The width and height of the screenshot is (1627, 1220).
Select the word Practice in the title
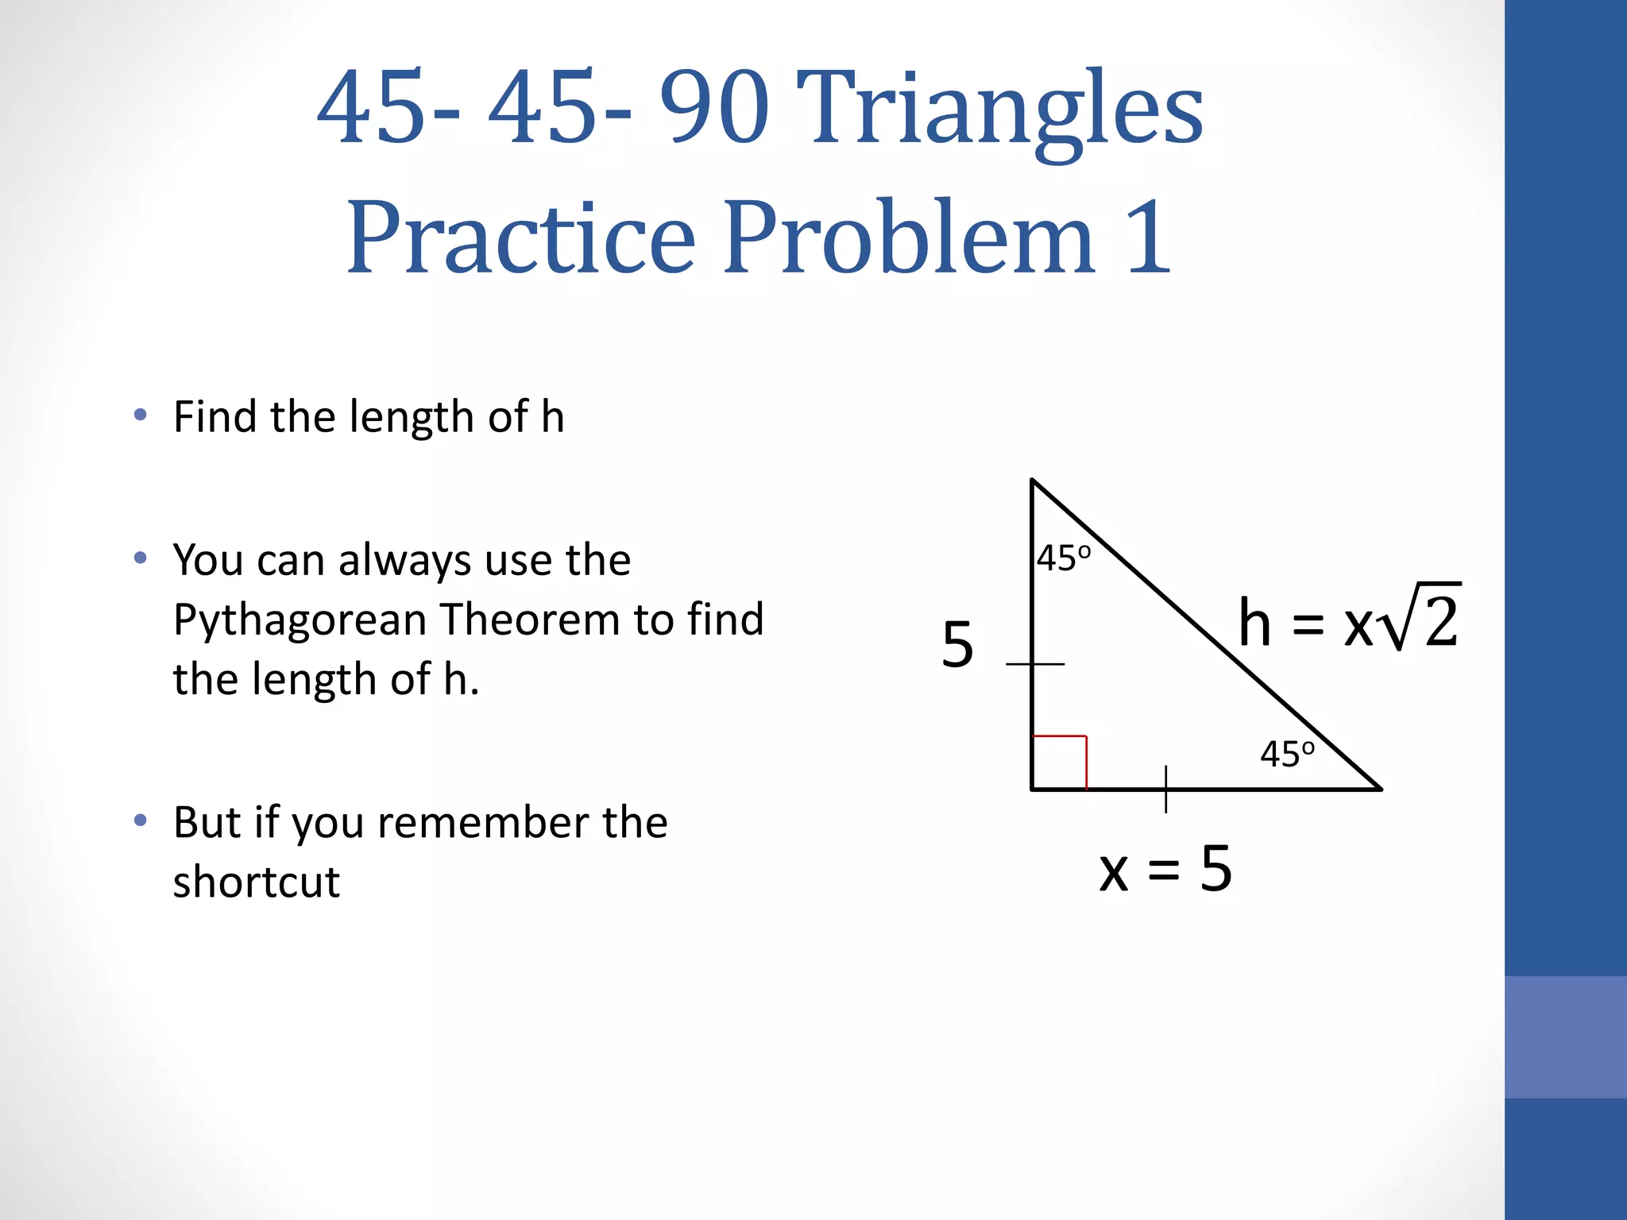point(521,238)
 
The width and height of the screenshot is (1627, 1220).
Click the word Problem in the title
point(909,238)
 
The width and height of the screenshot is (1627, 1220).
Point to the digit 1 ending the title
point(1149,238)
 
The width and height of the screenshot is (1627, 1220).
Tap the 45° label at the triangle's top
point(1064,558)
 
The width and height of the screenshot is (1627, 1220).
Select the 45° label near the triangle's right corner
point(1287,754)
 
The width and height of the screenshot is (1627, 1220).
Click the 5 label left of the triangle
point(957,645)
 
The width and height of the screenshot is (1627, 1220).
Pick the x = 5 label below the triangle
point(1165,870)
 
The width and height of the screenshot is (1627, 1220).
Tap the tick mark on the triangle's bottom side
point(1165,789)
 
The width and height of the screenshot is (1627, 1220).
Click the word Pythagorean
point(300,620)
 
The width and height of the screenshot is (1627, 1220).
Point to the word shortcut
point(256,882)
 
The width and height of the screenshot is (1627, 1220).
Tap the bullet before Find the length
point(141,415)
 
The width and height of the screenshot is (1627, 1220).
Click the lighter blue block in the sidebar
point(1565,1037)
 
